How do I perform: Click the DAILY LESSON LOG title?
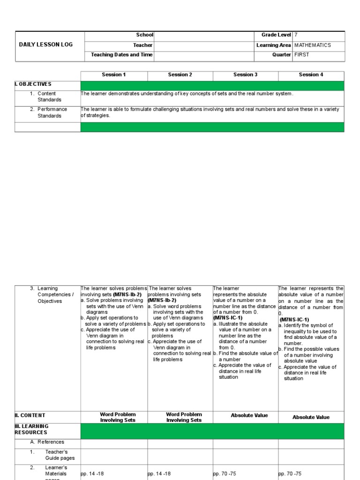tap(46, 45)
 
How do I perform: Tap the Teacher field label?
tap(142, 45)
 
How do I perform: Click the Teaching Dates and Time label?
tap(122, 55)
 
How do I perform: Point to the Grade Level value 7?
tap(296, 35)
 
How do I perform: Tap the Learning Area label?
tap(274, 45)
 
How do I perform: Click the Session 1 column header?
tap(114, 75)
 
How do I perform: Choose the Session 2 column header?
tap(180, 75)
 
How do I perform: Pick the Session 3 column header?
tap(246, 75)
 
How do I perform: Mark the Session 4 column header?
tap(311, 75)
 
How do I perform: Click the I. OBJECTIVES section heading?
tap(33, 84)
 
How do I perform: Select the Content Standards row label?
tap(49, 97)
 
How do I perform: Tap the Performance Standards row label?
tap(52, 112)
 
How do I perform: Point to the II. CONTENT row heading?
tap(30, 415)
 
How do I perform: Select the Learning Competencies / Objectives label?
tap(55, 295)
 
